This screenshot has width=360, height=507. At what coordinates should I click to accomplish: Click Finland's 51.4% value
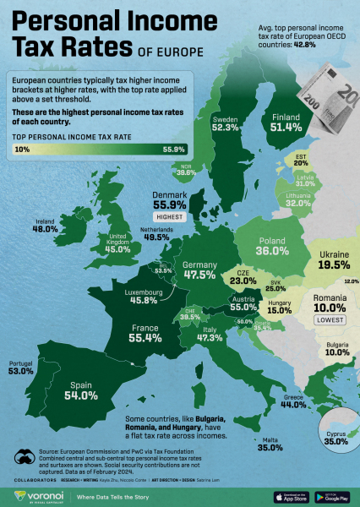285,127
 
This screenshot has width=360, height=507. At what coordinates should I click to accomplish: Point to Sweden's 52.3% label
225,128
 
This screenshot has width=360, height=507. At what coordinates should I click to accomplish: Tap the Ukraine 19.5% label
333,264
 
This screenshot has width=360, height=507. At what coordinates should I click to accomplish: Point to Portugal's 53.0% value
20,371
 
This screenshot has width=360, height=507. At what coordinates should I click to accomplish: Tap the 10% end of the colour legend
23,150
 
